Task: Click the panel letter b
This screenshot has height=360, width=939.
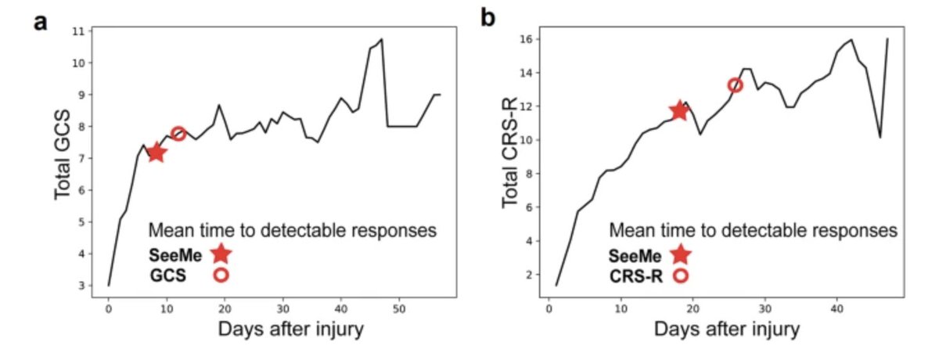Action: (488, 17)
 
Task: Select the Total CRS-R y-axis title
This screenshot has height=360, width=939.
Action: (511, 155)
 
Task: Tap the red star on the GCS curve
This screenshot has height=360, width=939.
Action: (156, 152)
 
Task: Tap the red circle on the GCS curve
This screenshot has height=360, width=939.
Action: (178, 134)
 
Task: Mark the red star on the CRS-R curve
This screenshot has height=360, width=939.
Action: (678, 110)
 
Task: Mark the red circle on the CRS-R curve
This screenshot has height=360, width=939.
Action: (735, 85)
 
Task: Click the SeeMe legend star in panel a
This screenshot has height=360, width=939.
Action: (221, 254)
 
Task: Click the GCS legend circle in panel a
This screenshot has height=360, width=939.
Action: (221, 275)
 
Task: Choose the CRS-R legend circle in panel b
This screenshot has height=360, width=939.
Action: (681, 275)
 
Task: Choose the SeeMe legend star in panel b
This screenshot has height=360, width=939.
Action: (681, 254)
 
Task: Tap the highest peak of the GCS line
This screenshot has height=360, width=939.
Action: (381, 39)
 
